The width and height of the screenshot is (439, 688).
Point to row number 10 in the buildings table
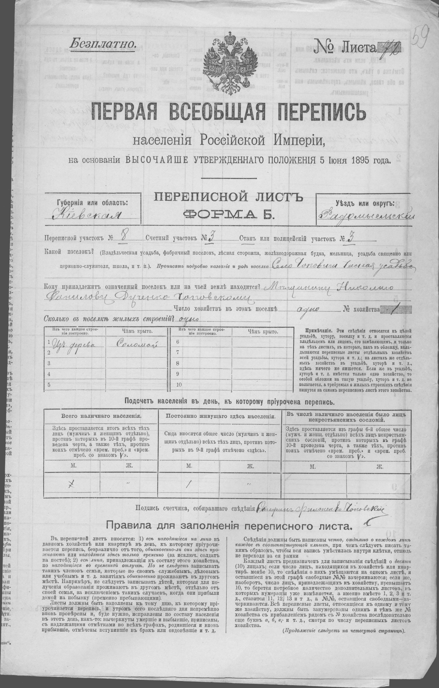[x=179, y=384]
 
